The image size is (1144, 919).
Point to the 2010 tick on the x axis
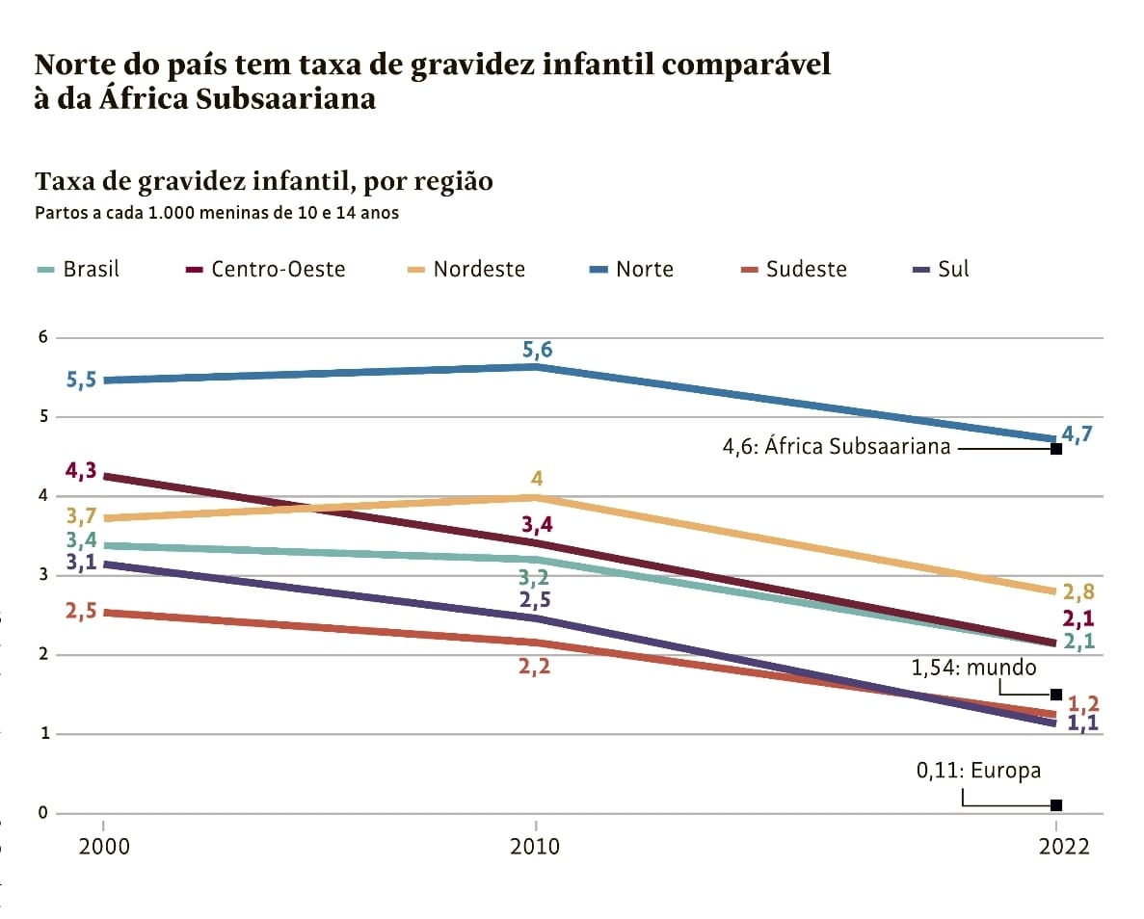[535, 847]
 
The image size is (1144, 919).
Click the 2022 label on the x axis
[1056, 847]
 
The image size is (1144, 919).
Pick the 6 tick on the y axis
[41, 338]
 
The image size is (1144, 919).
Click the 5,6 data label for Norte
[537, 350]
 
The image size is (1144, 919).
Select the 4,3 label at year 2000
[81, 471]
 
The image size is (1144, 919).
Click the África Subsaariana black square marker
[1056, 449]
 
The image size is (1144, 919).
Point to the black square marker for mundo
[1056, 695]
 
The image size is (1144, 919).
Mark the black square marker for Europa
[1056, 805]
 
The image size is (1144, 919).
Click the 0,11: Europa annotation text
[978, 771]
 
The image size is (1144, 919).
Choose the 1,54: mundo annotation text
[974, 667]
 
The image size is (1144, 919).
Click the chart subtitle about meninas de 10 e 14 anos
[217, 213]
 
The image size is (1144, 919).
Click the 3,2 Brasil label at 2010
[534, 578]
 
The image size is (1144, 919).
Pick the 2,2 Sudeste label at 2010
[534, 666]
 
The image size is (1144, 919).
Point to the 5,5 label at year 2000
[81, 381]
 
